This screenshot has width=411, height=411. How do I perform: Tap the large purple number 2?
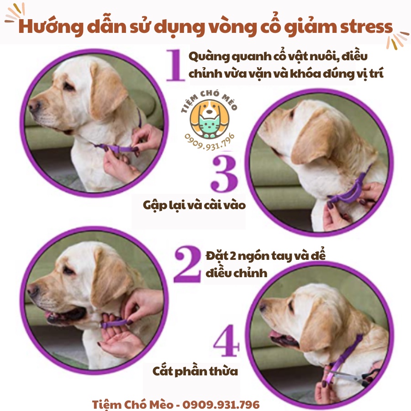(187, 264)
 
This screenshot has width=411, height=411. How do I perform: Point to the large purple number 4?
(227, 341)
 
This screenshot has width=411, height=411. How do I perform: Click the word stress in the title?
(366, 27)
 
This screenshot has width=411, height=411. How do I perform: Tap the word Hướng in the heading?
(51, 27)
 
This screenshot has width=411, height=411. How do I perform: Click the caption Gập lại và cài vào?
(194, 205)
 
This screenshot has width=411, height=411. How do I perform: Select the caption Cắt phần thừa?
(195, 371)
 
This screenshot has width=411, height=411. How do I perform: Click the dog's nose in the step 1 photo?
(34, 105)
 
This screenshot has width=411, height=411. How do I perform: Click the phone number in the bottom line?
(221, 405)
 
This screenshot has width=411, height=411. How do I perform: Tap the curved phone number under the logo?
(210, 143)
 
